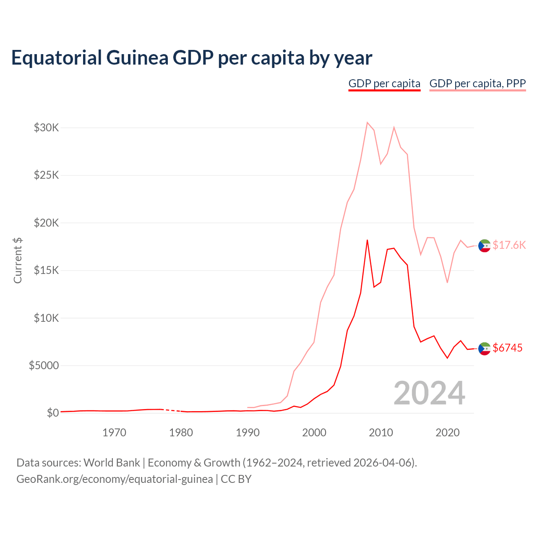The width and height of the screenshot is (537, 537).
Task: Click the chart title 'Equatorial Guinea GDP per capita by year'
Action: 192,57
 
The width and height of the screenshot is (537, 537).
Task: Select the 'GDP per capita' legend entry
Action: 384,83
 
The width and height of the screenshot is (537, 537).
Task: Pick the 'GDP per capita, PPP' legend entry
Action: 477,83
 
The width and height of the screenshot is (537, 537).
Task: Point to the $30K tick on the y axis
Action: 47,128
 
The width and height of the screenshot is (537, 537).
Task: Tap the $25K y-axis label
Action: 47,175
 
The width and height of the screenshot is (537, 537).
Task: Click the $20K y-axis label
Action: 47,223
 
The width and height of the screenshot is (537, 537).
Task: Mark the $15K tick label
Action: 47,270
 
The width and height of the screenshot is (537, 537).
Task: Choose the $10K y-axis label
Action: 47,318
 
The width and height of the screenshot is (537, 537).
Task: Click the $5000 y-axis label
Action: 44,365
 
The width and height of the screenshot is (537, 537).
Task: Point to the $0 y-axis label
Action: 53,413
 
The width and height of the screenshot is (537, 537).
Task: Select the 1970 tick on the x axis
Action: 115,433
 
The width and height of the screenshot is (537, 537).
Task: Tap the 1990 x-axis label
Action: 248,433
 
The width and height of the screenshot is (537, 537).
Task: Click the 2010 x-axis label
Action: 381,433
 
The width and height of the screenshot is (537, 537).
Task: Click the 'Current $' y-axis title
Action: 18,260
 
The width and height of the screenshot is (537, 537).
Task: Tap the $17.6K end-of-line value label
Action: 509,245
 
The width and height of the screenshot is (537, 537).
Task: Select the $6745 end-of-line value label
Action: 508,348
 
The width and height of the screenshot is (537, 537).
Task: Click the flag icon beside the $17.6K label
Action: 485,245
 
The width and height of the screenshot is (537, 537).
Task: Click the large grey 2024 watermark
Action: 429,393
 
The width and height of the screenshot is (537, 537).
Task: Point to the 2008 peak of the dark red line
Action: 367,240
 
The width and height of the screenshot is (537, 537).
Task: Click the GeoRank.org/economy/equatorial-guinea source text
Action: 115,479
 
